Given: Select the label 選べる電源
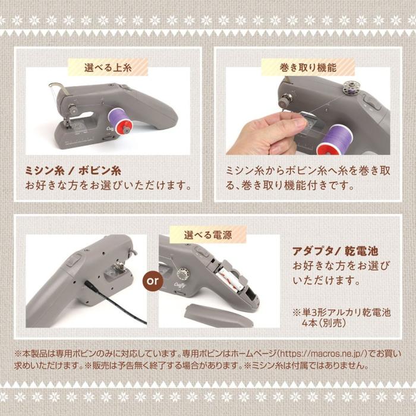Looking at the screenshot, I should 207,234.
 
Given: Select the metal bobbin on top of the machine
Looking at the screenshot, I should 346,88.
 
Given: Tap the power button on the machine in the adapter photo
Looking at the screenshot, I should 74,259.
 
